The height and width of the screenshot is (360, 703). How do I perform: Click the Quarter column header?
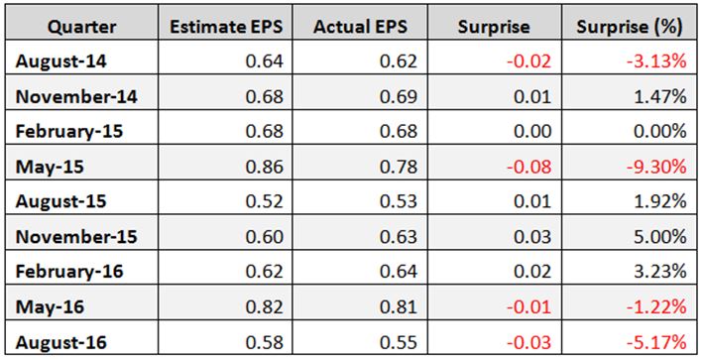point(81,28)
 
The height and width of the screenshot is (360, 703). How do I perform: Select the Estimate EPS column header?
point(226,27)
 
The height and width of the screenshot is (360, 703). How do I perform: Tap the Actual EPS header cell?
point(361,27)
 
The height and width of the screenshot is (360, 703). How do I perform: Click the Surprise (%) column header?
point(629,28)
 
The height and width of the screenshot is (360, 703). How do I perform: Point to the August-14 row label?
point(60,61)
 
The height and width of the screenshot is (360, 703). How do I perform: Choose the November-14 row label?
point(76,96)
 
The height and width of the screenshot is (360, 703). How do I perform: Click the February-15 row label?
point(69,132)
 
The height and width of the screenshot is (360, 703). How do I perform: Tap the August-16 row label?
point(60,343)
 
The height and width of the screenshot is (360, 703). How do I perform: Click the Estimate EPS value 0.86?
point(265,167)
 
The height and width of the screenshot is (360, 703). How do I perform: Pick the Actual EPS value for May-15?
point(399,167)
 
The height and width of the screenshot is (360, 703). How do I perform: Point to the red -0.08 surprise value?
point(529,167)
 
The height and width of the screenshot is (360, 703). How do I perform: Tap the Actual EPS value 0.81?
point(399,307)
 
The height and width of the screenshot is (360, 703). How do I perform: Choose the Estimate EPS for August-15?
point(265,201)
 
